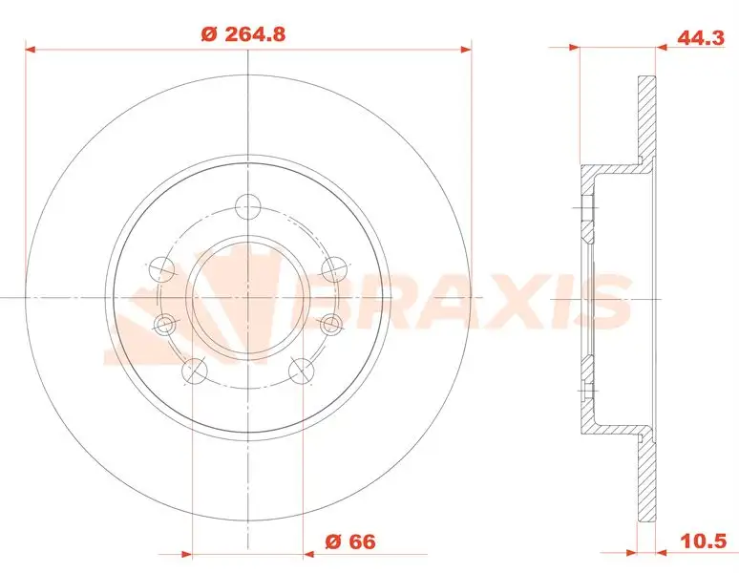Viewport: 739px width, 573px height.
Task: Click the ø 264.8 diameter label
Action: click(243, 34)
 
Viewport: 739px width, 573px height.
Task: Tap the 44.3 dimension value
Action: click(697, 39)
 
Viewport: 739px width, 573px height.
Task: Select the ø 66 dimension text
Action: click(349, 542)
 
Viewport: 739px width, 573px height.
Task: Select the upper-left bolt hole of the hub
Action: click(162, 265)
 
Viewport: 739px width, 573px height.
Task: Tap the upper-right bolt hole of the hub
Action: click(332, 265)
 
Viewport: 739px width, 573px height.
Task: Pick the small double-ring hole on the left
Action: click(164, 325)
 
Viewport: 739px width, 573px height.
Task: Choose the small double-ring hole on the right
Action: click(330, 325)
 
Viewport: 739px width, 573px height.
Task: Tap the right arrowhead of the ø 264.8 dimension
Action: click(467, 46)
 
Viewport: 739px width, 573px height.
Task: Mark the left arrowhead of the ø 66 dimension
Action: click(187, 552)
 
